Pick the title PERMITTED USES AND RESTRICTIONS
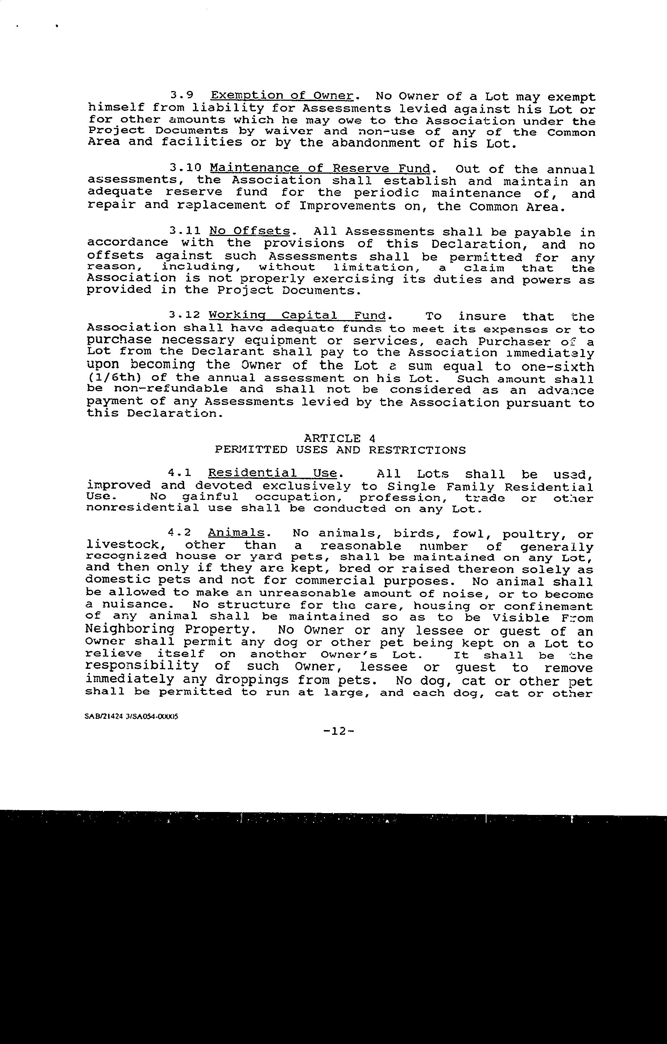(x=340, y=450)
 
